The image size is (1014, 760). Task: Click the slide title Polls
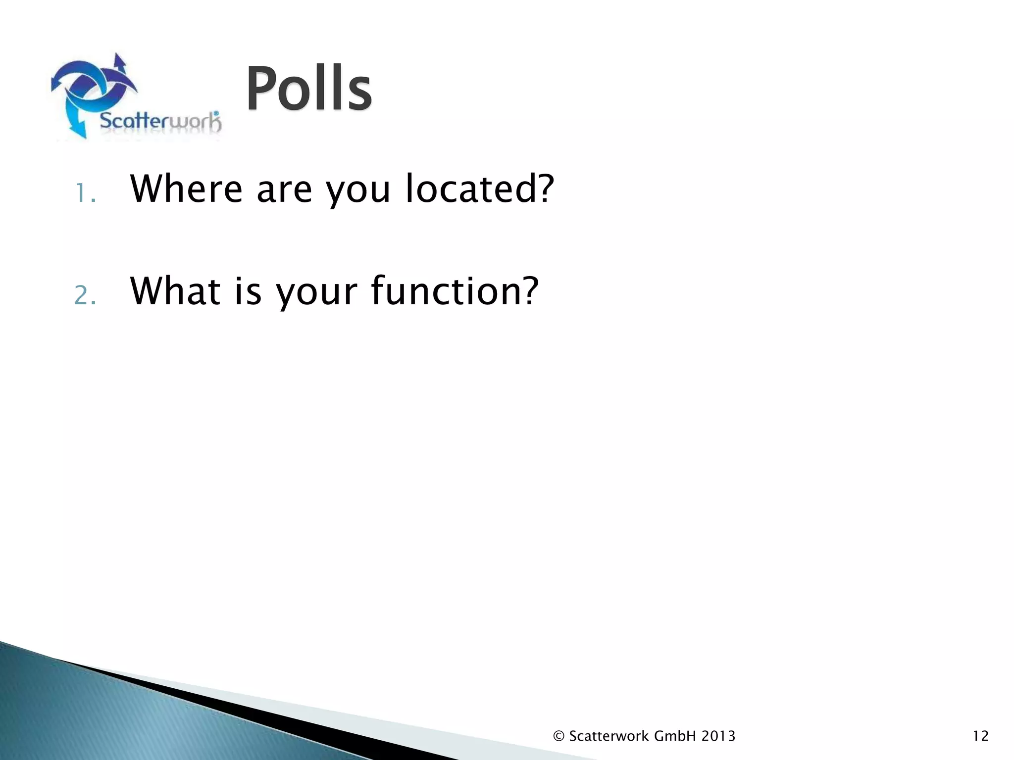(x=308, y=89)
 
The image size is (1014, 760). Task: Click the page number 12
(x=980, y=736)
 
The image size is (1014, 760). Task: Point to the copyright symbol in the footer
(x=559, y=736)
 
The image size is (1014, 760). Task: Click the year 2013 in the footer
(x=718, y=736)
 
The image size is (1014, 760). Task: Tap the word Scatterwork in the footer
(x=609, y=736)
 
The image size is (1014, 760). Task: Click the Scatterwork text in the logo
(x=160, y=121)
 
